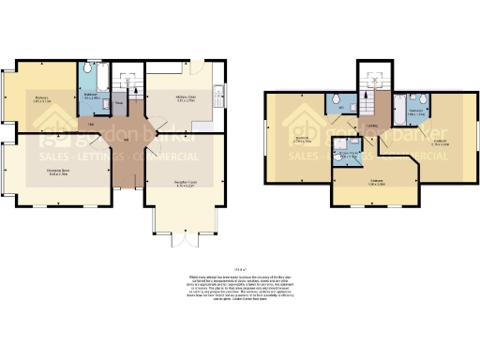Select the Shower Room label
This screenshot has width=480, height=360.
click(x=348, y=156)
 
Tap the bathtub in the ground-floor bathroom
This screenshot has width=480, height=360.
click(x=92, y=71)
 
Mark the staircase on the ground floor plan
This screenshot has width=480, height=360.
click(x=131, y=79)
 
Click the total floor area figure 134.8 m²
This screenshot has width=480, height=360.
click(x=240, y=266)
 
